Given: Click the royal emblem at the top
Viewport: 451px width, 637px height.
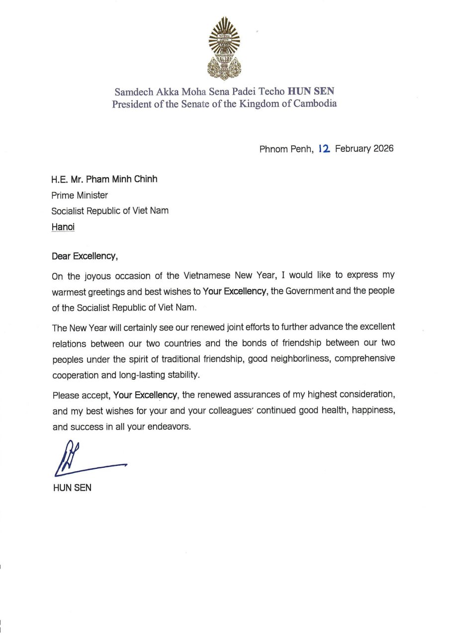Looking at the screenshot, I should point(224,48).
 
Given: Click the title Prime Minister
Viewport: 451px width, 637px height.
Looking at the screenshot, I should point(80,195).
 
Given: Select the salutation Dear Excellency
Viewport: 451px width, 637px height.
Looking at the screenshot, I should point(85,257).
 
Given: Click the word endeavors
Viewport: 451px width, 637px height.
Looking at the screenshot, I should point(168,426).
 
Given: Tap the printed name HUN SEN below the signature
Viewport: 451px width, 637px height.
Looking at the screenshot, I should point(72,488).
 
